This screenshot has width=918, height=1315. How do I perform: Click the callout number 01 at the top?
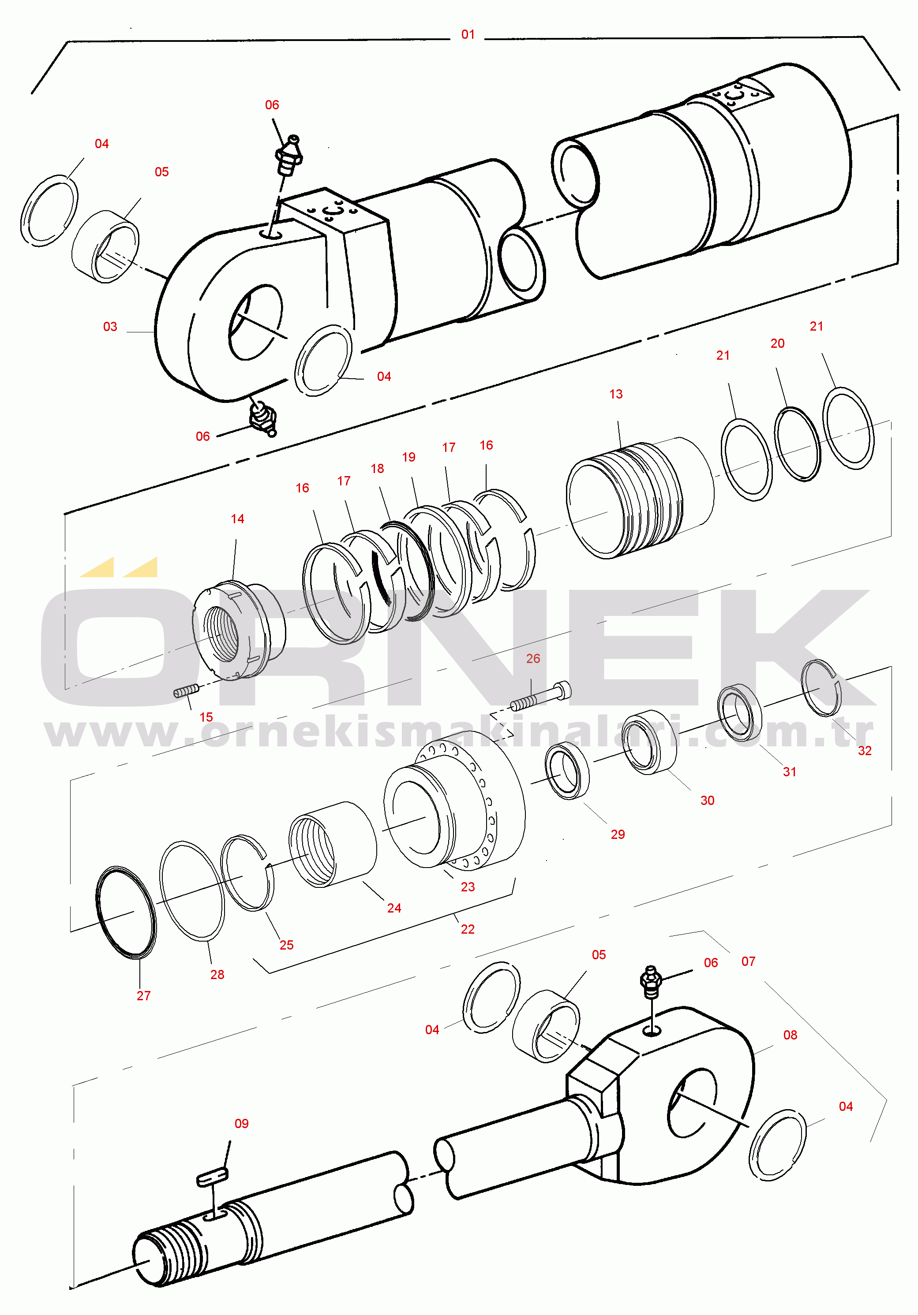(x=468, y=34)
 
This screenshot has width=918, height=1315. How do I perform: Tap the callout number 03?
(x=110, y=327)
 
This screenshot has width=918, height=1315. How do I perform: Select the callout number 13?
(x=616, y=394)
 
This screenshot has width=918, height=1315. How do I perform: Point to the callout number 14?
(x=237, y=519)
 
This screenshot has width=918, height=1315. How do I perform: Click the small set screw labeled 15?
(x=186, y=692)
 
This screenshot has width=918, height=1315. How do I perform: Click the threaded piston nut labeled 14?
(x=239, y=630)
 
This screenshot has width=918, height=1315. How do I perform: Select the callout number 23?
(x=468, y=887)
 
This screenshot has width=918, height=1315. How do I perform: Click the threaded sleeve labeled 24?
(x=332, y=844)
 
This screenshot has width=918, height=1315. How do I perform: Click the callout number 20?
(x=778, y=344)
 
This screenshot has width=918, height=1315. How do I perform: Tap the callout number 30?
(x=708, y=801)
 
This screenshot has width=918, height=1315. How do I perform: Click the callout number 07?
(x=748, y=961)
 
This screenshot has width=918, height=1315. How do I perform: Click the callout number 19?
(x=408, y=457)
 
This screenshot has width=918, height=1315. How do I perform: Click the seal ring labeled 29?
(x=567, y=770)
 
